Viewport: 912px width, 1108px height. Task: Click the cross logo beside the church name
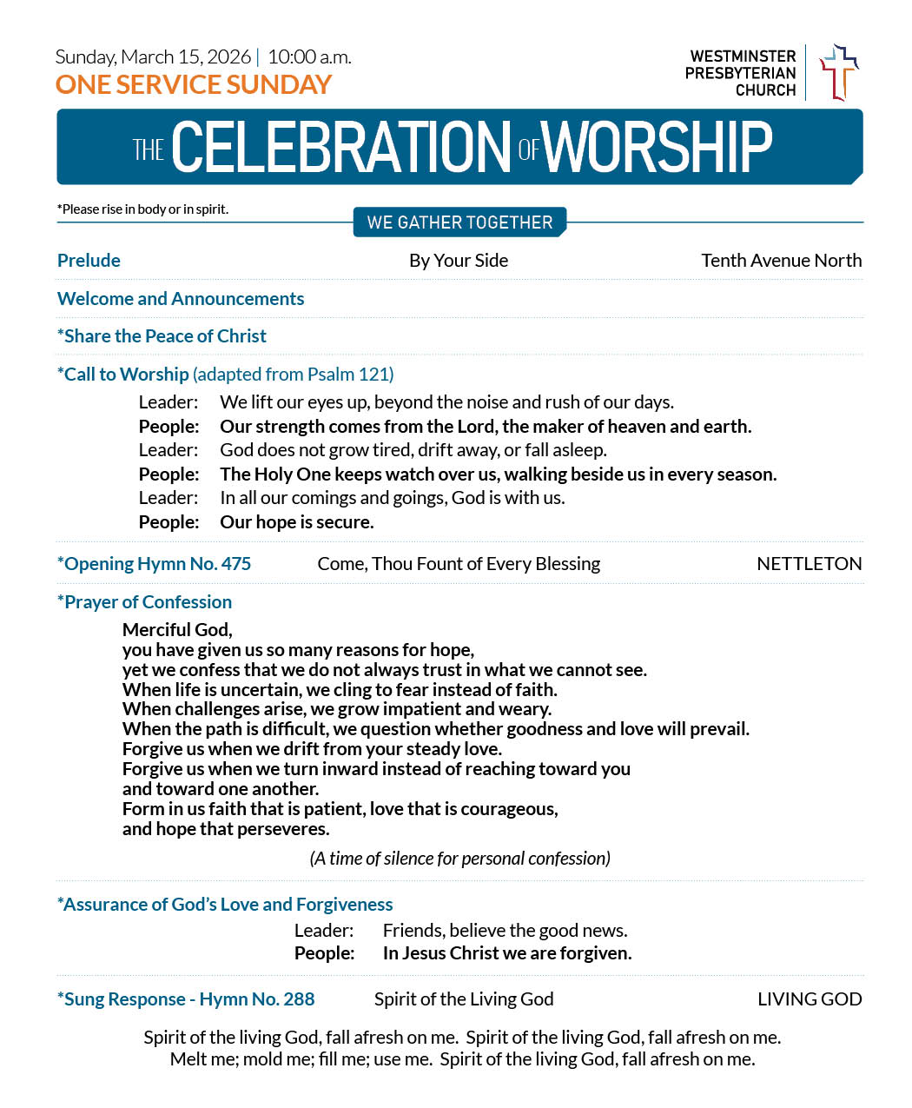coord(838,72)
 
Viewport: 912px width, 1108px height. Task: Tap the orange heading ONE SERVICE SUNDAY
coord(193,84)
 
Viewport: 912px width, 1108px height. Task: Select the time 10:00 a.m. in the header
coord(309,57)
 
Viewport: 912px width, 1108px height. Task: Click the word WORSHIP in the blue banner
coord(658,147)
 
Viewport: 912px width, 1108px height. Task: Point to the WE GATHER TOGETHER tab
coord(459,222)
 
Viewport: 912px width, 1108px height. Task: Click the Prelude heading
coord(89,261)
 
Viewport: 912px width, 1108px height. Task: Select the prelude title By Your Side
coord(459,261)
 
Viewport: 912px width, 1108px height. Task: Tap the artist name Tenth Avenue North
coord(781,261)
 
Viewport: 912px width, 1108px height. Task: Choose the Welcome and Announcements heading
coord(181,299)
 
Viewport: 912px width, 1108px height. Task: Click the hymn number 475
coord(235,564)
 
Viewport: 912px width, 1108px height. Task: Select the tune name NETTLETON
coord(809,564)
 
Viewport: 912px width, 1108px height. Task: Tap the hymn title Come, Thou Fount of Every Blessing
coord(459,564)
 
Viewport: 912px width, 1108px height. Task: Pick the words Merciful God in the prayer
coord(177,630)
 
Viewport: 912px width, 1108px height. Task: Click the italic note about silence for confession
coord(459,859)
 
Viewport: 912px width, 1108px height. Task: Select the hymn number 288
coord(299,999)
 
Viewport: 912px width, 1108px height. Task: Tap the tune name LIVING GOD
coord(809,999)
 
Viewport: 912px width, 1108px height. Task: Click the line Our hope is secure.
coord(296,522)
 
